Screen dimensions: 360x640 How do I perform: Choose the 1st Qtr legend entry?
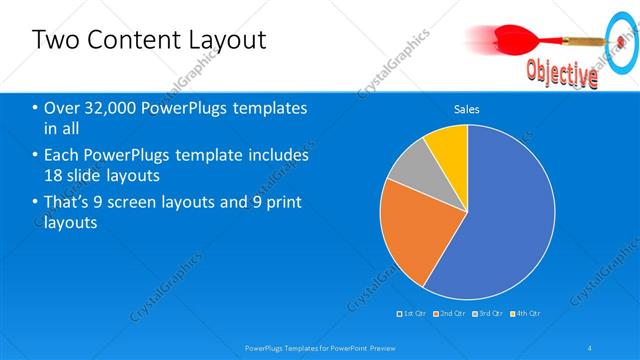[x=415, y=314]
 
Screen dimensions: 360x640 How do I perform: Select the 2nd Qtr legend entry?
[x=451, y=314]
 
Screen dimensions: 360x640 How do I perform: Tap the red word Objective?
[x=562, y=73]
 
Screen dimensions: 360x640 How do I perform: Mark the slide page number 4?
[x=591, y=348]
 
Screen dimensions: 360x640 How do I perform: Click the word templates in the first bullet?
[x=264, y=108]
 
